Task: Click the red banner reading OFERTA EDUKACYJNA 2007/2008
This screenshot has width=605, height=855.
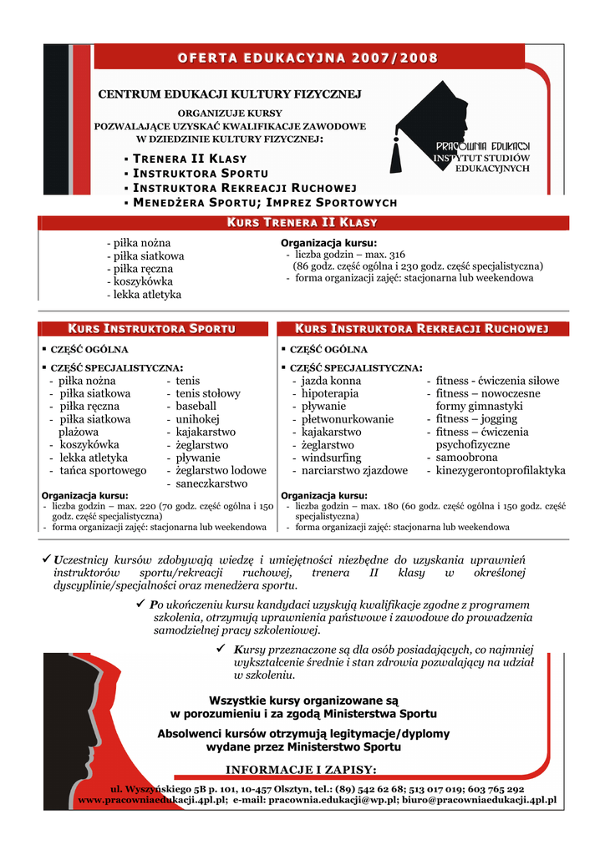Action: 307,57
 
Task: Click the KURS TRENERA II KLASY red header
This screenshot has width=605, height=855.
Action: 302,223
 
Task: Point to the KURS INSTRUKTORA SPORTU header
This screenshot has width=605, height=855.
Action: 151,329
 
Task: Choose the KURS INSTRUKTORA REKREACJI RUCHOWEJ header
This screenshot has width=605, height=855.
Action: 422,329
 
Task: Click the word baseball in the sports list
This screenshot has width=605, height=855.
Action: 196,406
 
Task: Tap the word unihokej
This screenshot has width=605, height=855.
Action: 197,419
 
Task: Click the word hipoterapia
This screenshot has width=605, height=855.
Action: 330,393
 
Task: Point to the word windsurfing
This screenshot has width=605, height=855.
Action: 332,458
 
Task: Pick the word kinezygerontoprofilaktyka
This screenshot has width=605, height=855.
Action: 501,471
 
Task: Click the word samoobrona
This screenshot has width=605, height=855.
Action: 466,458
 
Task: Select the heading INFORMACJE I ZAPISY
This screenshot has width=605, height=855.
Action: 302,769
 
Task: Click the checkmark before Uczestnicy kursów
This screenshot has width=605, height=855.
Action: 48,558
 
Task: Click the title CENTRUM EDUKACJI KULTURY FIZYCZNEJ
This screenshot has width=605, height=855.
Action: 230,94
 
